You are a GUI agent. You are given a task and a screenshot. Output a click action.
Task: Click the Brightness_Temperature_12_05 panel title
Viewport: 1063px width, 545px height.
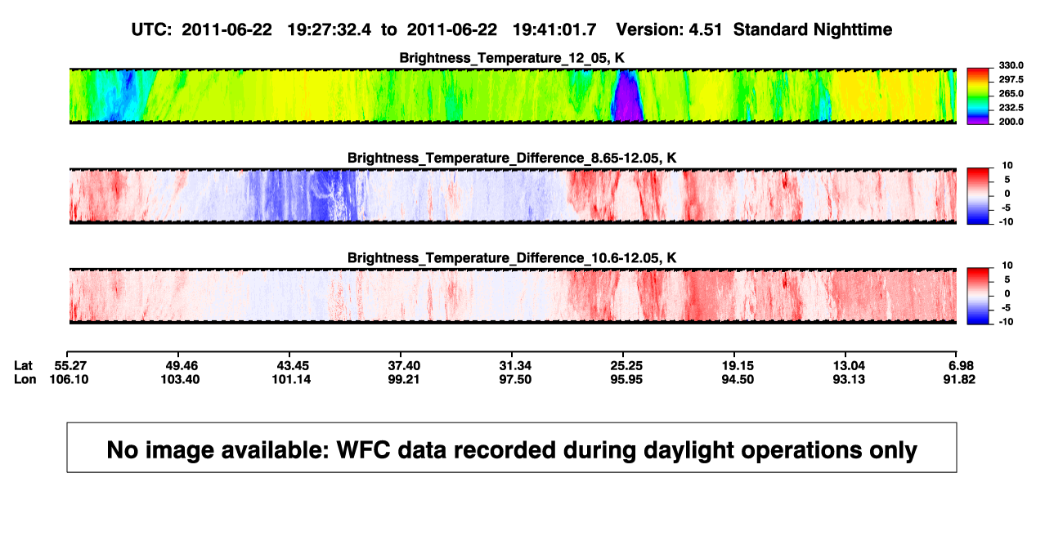512,58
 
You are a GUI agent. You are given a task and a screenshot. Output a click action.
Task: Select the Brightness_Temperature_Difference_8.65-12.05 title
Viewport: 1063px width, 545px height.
512,158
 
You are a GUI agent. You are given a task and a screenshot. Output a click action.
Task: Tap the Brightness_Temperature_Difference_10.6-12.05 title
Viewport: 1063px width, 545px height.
512,258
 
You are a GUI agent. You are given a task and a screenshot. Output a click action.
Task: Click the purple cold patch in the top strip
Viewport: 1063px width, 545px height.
627,98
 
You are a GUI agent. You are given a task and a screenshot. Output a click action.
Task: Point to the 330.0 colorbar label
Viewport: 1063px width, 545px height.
1011,65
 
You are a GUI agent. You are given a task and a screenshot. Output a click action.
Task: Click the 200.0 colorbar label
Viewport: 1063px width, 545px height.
1011,122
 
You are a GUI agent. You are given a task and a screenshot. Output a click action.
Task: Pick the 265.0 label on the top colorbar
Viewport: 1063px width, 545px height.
1011,93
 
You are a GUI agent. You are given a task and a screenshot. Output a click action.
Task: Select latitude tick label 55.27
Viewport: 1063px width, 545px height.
70,366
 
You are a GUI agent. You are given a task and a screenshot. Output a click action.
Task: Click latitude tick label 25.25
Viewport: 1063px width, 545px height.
626,366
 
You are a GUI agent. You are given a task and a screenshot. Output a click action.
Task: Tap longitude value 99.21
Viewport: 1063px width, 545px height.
404,380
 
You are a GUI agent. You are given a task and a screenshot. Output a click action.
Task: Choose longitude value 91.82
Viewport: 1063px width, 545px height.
959,380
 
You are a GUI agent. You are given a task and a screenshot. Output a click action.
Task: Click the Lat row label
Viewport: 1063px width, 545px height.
23,366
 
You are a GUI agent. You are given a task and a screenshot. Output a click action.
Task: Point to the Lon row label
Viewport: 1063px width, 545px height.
25,380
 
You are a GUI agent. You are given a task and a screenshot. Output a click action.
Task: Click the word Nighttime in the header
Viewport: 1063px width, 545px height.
852,30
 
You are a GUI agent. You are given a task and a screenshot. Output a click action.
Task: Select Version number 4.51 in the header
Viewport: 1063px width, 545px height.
705,30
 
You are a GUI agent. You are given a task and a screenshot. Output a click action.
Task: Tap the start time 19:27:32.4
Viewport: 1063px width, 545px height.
330,30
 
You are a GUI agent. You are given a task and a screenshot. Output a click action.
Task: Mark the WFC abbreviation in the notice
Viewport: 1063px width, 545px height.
364,449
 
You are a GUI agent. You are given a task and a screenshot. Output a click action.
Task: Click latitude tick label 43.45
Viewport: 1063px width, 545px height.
293,366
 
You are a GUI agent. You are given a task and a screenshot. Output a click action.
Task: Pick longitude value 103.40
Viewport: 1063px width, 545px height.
180,380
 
